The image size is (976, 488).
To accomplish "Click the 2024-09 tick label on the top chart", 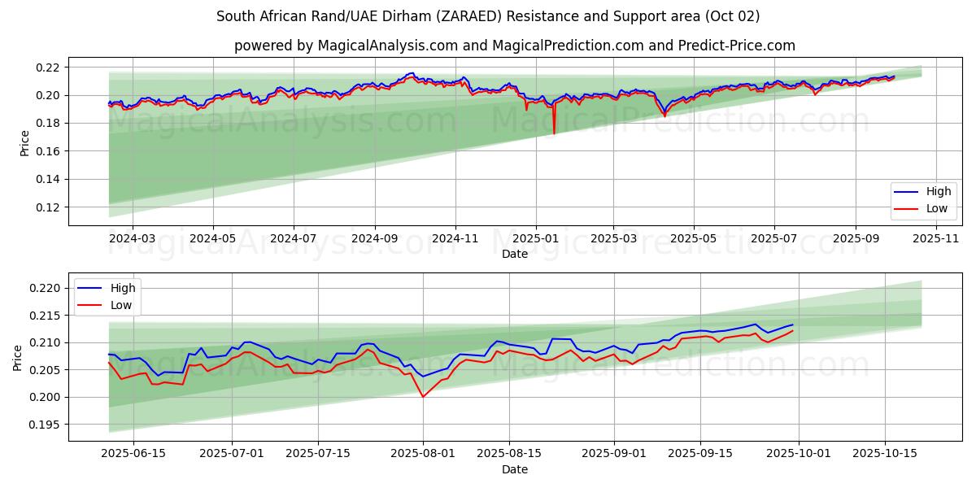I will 374,239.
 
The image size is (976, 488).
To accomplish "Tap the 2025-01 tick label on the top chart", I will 535,239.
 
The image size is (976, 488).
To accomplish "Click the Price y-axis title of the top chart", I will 24,142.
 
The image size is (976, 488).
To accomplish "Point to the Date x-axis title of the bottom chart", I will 514,469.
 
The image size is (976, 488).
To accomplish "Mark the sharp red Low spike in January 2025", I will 554,133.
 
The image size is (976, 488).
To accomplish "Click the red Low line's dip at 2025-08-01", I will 423,396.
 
